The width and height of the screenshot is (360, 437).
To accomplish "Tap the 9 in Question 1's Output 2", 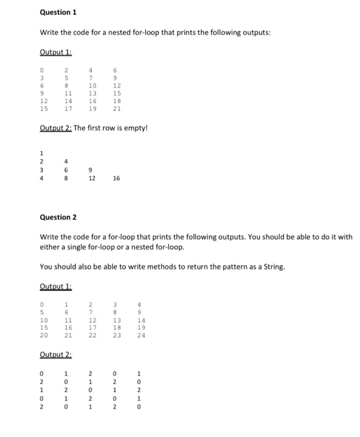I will [x=91, y=169].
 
